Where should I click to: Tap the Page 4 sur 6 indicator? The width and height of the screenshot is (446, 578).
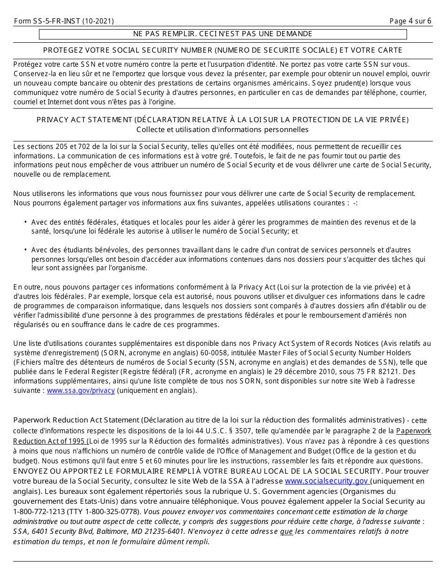(x=410, y=21)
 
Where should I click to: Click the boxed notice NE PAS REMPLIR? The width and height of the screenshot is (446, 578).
(x=223, y=34)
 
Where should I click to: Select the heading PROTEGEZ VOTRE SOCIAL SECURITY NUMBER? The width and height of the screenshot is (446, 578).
(x=223, y=50)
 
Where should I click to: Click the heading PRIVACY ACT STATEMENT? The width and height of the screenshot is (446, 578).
(x=223, y=120)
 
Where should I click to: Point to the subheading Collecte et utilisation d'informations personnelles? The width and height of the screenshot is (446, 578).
(x=223, y=129)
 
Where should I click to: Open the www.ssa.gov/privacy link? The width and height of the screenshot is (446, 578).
(x=81, y=391)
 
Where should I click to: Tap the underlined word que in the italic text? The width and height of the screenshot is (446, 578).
(x=286, y=531)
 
